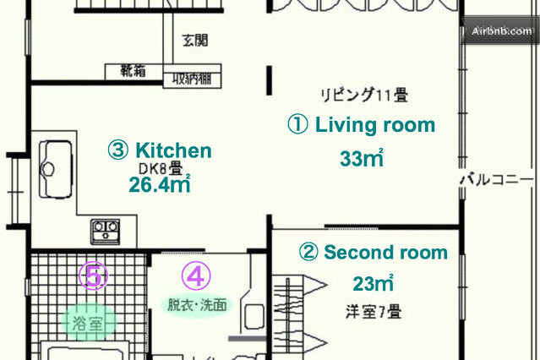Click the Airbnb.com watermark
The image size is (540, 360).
[502, 31]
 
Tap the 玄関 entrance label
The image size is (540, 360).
[195, 41]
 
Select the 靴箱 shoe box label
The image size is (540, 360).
[133, 71]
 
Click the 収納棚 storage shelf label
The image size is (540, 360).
[192, 79]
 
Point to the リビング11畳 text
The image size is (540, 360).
[364, 95]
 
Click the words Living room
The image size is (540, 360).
[375, 125]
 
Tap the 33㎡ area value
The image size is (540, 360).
[362, 158]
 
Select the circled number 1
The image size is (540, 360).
[298, 124]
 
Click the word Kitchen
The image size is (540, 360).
[173, 150]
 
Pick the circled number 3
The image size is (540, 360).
[118, 150]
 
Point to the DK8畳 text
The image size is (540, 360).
[161, 168]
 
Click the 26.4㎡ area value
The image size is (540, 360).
[160, 184]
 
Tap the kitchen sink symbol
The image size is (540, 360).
[56, 169]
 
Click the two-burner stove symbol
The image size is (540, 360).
[106, 232]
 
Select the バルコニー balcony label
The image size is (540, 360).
[497, 179]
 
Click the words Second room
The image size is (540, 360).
[385, 252]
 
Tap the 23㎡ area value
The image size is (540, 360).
[374, 284]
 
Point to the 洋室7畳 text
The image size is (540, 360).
[374, 312]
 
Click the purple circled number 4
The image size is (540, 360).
[196, 275]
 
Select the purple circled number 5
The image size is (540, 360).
[93, 275]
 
